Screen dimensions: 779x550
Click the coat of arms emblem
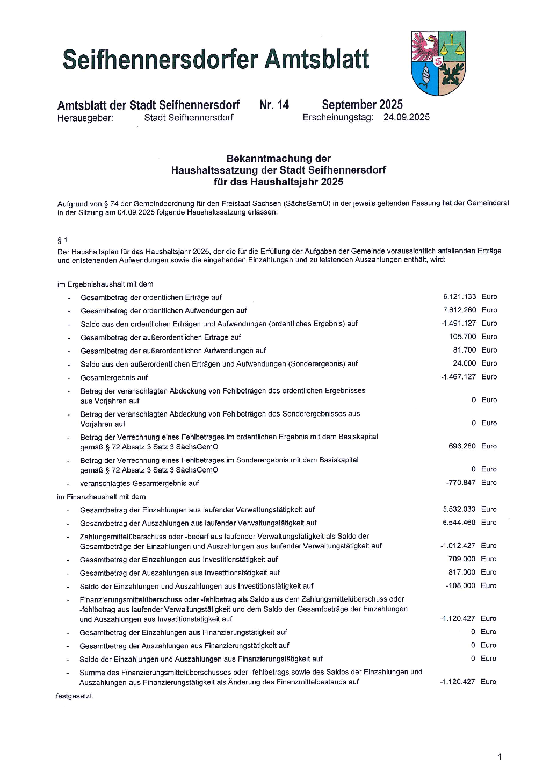(438, 63)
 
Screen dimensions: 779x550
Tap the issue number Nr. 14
(274, 105)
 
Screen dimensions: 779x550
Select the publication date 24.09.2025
(406, 117)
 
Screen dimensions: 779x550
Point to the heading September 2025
(362, 105)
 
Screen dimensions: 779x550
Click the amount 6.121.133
(459, 297)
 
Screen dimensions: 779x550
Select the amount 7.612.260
(459, 310)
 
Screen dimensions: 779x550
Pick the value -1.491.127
(458, 324)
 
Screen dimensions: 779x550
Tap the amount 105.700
(462, 337)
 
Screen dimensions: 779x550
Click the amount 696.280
(462, 446)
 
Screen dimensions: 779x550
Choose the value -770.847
(460, 483)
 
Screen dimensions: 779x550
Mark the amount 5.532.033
(459, 509)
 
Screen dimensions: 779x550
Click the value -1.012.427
(458, 546)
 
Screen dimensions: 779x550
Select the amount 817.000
(462, 573)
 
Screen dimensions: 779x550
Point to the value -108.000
(460, 585)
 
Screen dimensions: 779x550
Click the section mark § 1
(62, 240)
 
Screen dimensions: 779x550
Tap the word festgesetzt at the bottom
(75, 696)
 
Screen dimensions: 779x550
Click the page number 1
(500, 757)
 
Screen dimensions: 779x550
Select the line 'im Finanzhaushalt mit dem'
(102, 497)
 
